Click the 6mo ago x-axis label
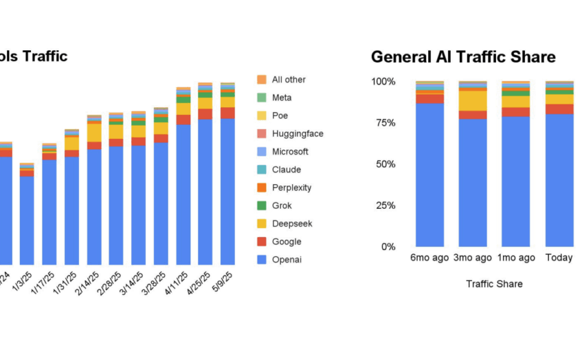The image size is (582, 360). [429, 258]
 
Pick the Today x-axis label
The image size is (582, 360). [559, 258]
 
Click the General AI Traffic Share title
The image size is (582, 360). [463, 56]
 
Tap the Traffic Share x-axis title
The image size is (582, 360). [494, 284]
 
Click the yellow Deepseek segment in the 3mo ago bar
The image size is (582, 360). [473, 101]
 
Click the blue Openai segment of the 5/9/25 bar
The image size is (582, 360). [228, 191]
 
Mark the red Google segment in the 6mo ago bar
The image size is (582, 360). [430, 99]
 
